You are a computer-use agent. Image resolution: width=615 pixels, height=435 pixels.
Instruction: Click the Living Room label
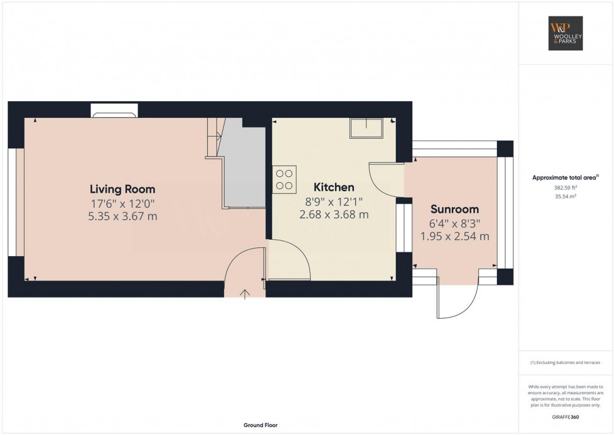pyautogui.click(x=122, y=189)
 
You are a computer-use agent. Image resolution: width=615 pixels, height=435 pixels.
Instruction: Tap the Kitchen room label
pyautogui.click(x=334, y=187)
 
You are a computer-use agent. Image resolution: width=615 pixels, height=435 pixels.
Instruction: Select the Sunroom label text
pyautogui.click(x=454, y=209)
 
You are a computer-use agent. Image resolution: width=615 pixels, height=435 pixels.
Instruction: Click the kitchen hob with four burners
pyautogui.click(x=284, y=179)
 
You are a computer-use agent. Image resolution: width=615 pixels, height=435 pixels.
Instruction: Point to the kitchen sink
pyautogui.click(x=366, y=128)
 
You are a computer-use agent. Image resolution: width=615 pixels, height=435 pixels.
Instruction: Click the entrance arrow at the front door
pyautogui.click(x=244, y=292)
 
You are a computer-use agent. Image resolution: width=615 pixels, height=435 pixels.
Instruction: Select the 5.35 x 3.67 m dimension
pyautogui.click(x=122, y=217)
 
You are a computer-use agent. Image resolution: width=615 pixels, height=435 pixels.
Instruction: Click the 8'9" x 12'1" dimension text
pyautogui.click(x=334, y=201)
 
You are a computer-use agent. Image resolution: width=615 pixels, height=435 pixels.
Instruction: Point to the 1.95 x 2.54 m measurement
pyautogui.click(x=454, y=237)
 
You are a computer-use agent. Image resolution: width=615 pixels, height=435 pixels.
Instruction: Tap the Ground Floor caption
pyautogui.click(x=260, y=425)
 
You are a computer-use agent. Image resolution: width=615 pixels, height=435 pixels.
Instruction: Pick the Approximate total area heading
pyautogui.click(x=566, y=178)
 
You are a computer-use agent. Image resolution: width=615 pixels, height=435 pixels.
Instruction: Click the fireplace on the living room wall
pyautogui.click(x=114, y=114)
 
